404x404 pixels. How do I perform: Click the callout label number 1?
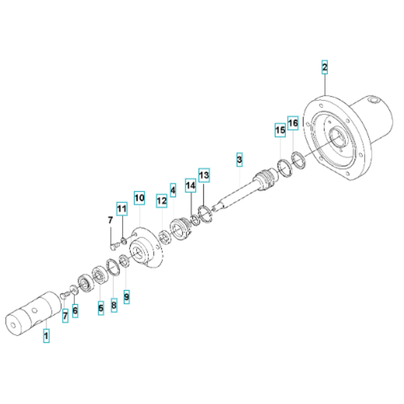46,335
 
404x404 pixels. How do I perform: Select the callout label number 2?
325,67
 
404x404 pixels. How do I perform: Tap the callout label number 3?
239,160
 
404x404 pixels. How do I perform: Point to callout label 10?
139,198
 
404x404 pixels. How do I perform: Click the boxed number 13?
204,175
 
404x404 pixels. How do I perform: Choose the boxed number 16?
293,123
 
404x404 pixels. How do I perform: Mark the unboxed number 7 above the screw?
110,220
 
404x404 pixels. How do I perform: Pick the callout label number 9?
126,297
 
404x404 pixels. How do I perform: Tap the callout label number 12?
162,201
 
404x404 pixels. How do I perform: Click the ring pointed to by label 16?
299,160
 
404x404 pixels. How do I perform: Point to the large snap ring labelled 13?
205,214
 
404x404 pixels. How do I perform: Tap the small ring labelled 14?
195,220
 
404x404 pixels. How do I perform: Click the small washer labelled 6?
74,290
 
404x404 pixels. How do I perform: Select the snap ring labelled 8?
113,267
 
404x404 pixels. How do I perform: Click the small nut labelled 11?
124,241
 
